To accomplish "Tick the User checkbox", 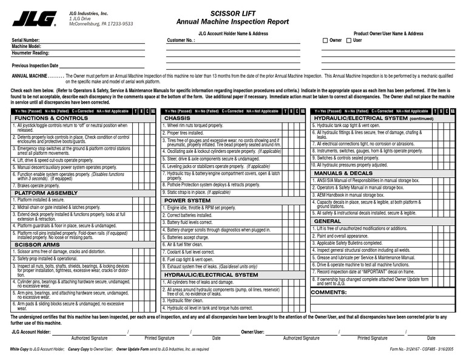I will pos(349,41).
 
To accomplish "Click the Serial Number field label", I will pos(25,41).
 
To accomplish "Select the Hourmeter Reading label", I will pos(30,53).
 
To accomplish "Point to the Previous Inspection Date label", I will pos(35,65).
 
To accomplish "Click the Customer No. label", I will pos(181,41).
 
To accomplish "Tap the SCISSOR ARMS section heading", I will pos(37,244).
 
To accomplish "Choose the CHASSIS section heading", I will pos(177,118).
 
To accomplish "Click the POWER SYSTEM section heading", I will pos(187,200).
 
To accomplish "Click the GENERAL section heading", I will pos(328,221).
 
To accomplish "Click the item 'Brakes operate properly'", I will pos(38,185).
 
